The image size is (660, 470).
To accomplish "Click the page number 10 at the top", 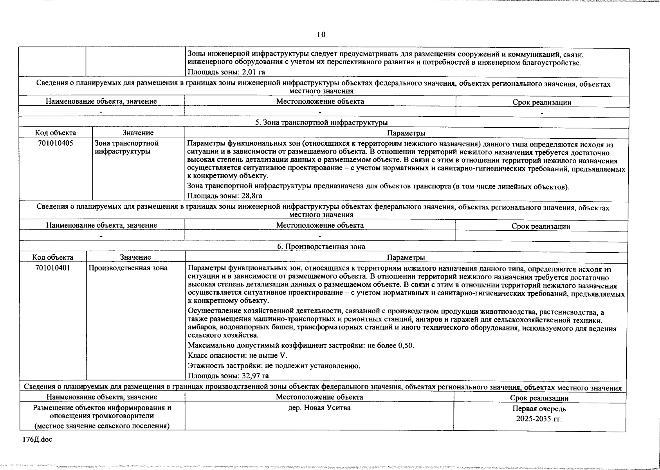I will coord(321,34).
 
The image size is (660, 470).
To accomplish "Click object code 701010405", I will coord(56,143).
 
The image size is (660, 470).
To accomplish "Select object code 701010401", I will coord(53,268).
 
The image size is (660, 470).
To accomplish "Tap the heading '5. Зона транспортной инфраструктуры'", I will coord(321,123).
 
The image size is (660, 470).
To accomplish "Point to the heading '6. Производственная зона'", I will coord(321,246).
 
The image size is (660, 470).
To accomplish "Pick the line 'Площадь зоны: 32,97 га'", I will coord(228,376).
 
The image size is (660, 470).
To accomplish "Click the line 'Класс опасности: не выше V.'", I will coord(238,356).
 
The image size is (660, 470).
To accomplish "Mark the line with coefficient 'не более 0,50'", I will coord(301,345).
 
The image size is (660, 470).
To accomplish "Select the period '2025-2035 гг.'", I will coord(539,419).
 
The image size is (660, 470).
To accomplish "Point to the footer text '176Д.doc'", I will coord(37,439).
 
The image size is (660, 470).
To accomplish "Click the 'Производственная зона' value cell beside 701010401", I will coord(128,268).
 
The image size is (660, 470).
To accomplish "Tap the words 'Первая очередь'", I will coord(539,409).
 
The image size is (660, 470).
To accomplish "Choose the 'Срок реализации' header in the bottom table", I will coord(539,398).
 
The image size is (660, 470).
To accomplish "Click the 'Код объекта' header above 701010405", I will coord(56,133).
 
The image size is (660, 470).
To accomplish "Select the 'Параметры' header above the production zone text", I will coord(406,257).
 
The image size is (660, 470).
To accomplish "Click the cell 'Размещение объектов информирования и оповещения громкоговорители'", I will coord(102,412).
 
